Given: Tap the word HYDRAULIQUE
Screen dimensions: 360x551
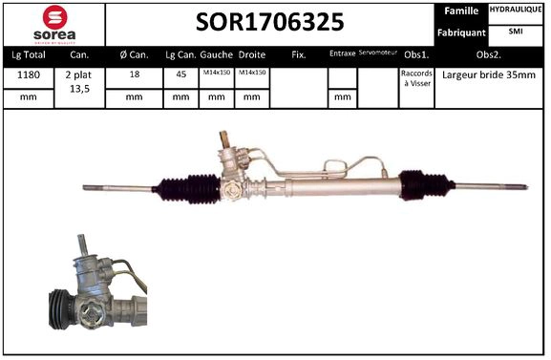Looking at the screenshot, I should (x=516, y=10).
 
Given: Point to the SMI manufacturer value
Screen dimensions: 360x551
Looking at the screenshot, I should (x=516, y=32).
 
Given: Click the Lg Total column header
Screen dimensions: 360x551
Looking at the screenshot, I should (x=28, y=54).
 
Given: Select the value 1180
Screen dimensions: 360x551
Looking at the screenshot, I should (x=28, y=74).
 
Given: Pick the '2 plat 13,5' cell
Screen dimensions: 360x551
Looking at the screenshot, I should (x=80, y=79).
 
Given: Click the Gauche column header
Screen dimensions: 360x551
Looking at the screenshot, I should (x=217, y=54).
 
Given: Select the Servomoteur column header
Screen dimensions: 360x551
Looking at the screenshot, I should (x=377, y=53).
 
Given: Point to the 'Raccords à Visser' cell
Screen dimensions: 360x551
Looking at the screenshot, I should (x=416, y=78).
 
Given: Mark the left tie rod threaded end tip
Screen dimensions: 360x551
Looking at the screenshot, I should (x=88, y=188).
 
